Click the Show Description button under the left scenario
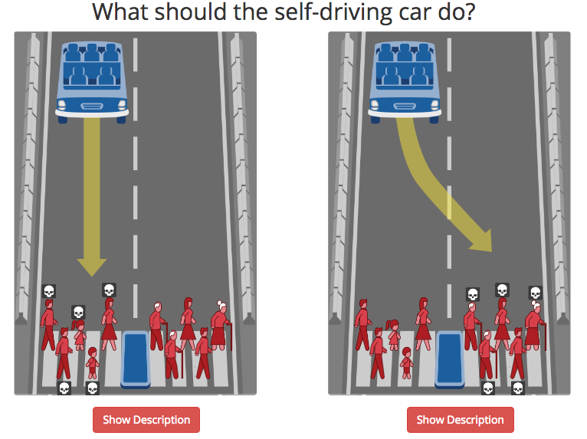146,420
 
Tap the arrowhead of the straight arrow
92,267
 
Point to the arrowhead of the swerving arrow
482,241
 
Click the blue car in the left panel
92,82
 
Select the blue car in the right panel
405,82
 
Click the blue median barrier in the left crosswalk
136,359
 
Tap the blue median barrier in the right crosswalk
450,359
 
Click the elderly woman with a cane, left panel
221,326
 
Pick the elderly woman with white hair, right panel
536,326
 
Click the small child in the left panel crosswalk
92,363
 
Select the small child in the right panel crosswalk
406,363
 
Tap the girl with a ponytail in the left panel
79,335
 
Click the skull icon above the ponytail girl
78,312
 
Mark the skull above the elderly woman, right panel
536,293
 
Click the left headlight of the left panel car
62,105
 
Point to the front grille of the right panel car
405,106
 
